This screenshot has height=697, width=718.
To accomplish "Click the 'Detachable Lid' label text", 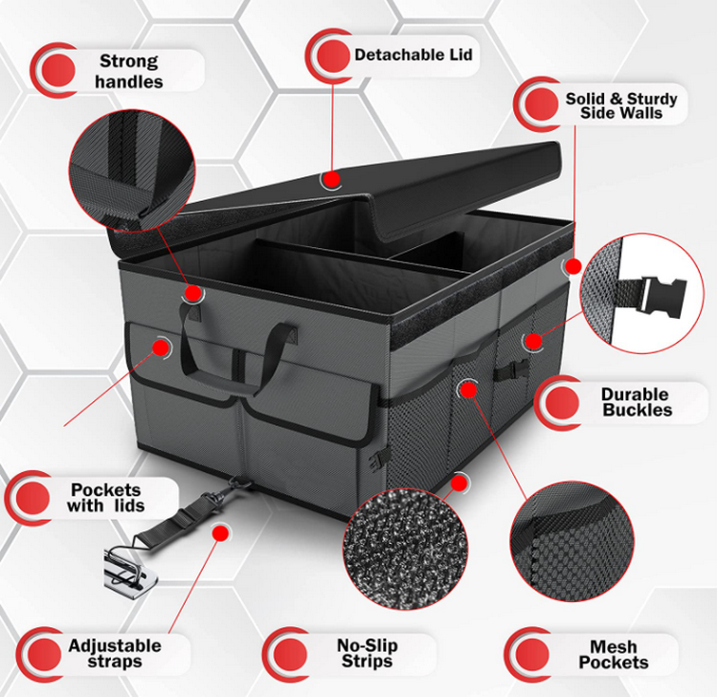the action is pyautogui.click(x=413, y=55).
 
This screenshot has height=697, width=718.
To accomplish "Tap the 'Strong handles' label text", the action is pyautogui.click(x=128, y=72).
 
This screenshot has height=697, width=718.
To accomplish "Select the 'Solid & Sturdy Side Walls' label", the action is pyautogui.click(x=621, y=105).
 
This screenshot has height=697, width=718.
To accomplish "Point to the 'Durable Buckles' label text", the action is pyautogui.click(x=637, y=402).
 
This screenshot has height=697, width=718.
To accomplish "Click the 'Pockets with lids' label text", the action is pyautogui.click(x=105, y=498).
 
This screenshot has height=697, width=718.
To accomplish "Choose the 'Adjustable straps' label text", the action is pyautogui.click(x=115, y=654).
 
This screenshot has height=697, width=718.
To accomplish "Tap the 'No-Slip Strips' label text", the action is pyautogui.click(x=368, y=653).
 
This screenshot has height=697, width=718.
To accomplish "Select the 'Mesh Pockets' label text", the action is pyautogui.click(x=614, y=655).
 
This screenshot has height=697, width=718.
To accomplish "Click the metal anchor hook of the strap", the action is pyautogui.click(x=130, y=567).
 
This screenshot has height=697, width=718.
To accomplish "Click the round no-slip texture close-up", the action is pyautogui.click(x=405, y=549).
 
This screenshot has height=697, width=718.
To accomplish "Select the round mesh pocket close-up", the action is pyautogui.click(x=572, y=541).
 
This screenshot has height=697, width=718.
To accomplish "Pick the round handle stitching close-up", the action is pyautogui.click(x=132, y=170).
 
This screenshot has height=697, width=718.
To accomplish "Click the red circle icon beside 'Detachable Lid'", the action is pyautogui.click(x=333, y=56).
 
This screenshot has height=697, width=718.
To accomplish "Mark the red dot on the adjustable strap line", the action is pyautogui.click(x=220, y=533).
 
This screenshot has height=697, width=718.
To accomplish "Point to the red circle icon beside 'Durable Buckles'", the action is pyautogui.click(x=561, y=402).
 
